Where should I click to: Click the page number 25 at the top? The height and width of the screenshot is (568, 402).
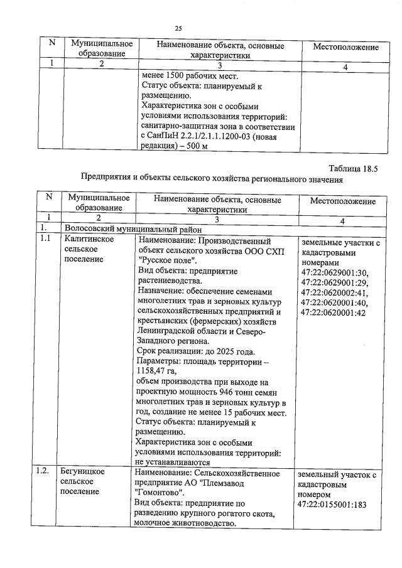[x=178, y=28]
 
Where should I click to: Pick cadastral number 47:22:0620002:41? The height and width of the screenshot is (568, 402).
[x=335, y=292]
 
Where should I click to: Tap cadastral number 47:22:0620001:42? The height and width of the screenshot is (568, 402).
[x=335, y=312]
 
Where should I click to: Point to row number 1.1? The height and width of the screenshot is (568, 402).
[x=45, y=240]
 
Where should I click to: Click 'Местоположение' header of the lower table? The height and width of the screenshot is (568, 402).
[x=343, y=202]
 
